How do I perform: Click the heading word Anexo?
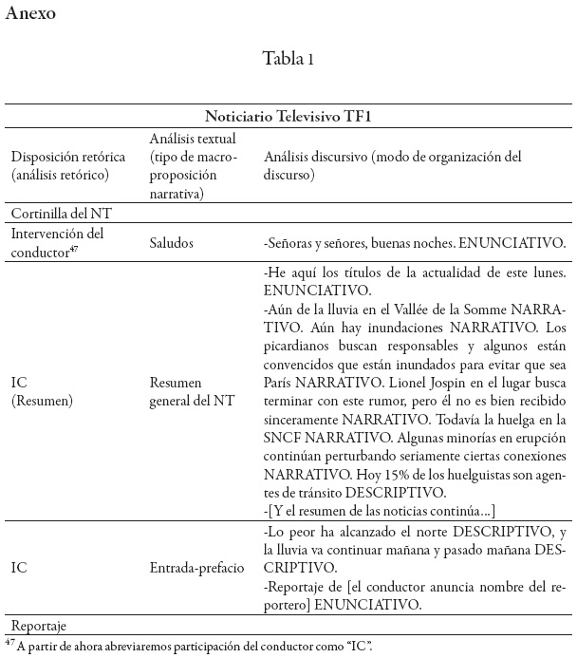click(x=31, y=15)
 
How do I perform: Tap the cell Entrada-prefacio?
click(x=197, y=568)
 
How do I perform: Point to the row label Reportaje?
click(x=42, y=628)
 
